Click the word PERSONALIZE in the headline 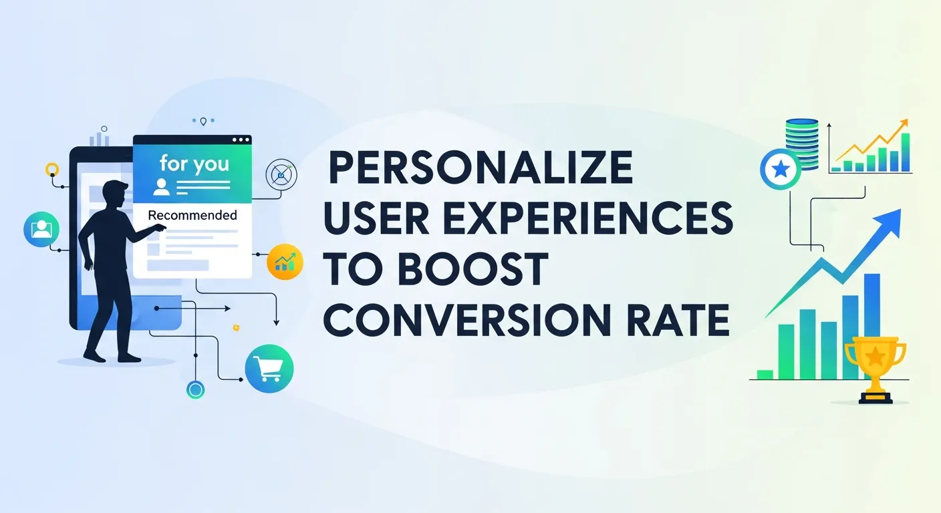pos(479,168)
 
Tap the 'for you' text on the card pos(194,164)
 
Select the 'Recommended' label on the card pos(192,215)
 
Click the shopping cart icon pos(269,368)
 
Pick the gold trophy pos(875,367)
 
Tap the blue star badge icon pos(780,170)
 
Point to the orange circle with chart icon pos(285,262)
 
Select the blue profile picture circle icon pos(40,230)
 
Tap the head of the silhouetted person pos(115,193)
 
